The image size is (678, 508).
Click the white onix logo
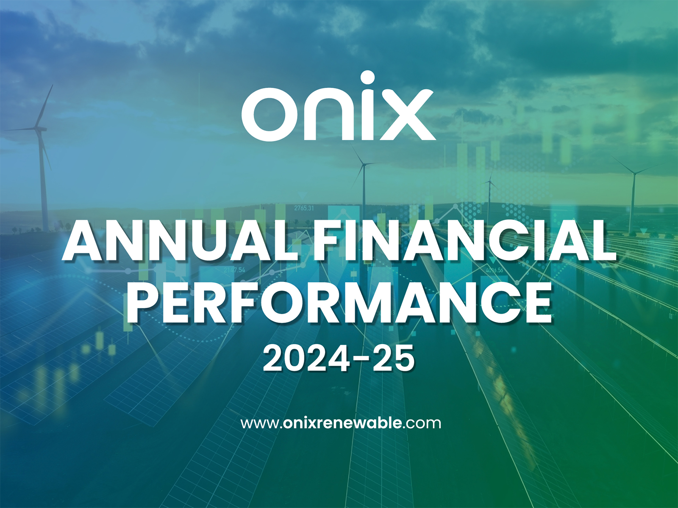click(x=338, y=108)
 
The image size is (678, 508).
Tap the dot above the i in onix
click(x=367, y=79)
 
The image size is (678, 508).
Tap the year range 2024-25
click(x=339, y=358)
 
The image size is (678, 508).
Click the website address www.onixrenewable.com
click(x=341, y=423)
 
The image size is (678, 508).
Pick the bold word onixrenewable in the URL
click(x=342, y=423)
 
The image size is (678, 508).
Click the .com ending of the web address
click(x=422, y=423)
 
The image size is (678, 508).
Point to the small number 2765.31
click(x=304, y=208)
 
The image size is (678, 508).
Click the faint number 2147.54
click(x=234, y=270)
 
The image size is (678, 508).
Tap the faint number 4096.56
click(x=494, y=270)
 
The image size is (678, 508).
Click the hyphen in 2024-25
click(x=361, y=359)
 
